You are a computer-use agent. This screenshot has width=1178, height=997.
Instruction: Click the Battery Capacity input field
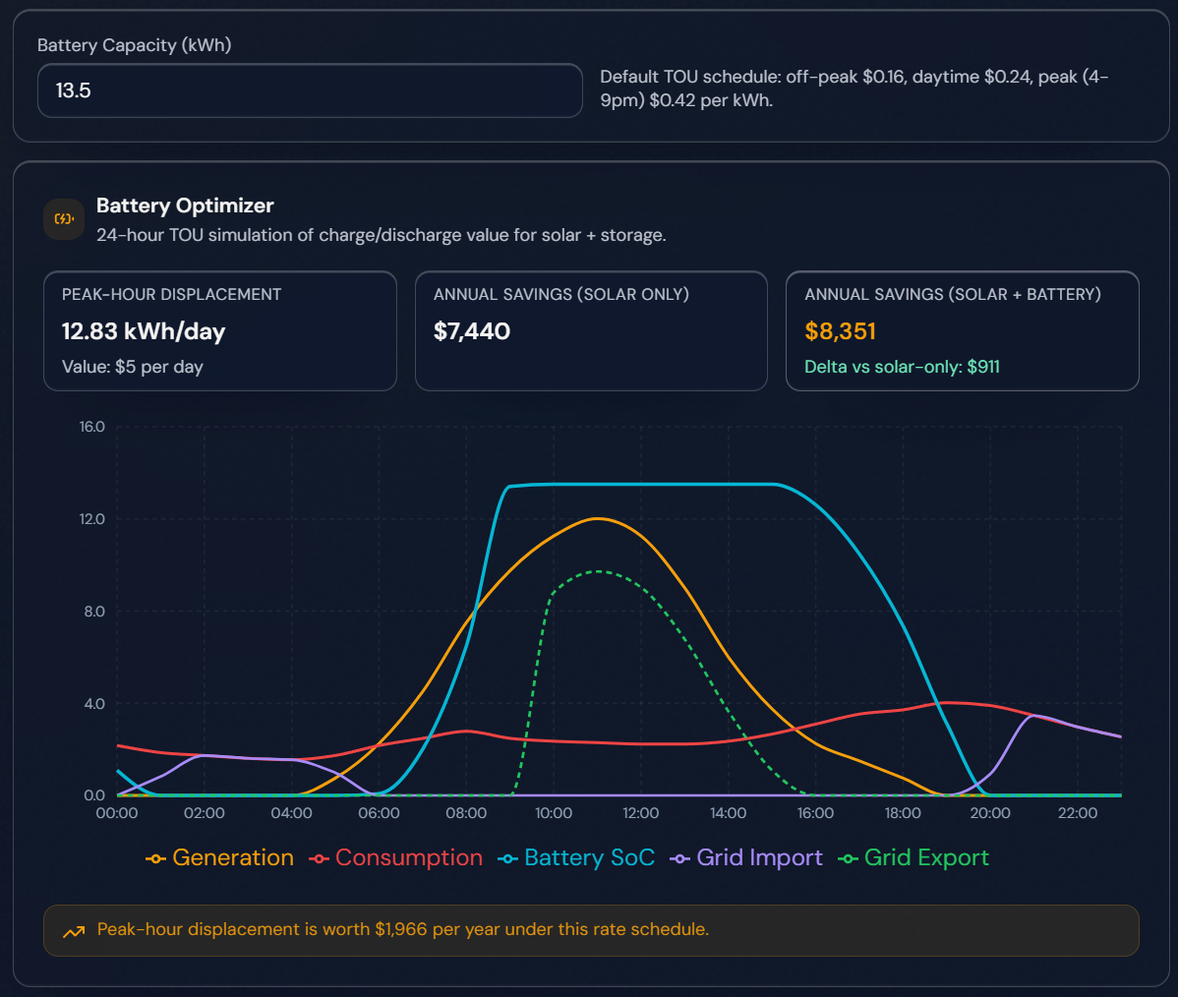click(310, 90)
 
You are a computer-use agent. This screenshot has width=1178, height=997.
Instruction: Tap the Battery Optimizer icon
click(64, 219)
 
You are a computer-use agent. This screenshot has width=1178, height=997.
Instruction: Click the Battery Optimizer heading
click(185, 205)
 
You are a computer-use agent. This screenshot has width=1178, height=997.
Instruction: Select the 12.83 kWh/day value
click(144, 331)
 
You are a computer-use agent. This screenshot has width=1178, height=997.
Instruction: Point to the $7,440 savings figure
click(472, 331)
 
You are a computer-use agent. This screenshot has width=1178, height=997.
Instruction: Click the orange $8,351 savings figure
click(840, 331)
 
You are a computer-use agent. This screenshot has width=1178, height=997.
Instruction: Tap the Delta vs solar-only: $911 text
click(902, 367)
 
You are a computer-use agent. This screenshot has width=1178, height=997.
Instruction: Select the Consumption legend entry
click(396, 857)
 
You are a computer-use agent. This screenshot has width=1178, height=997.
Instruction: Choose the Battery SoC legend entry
click(577, 857)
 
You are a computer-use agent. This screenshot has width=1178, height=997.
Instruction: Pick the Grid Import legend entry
click(747, 857)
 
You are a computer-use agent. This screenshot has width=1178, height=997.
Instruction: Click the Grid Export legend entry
click(914, 857)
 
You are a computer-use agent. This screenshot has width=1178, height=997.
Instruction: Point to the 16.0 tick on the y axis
click(92, 427)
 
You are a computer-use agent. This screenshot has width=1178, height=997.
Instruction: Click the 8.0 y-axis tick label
click(92, 612)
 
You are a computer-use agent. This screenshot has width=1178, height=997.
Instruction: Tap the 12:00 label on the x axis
click(641, 813)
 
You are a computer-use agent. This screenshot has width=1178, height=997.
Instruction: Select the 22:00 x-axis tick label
click(1078, 813)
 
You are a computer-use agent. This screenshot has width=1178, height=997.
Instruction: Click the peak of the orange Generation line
click(598, 518)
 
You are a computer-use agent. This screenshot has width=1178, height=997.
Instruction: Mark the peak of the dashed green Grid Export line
click(598, 571)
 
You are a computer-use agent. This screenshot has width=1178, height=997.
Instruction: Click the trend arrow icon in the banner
click(74, 931)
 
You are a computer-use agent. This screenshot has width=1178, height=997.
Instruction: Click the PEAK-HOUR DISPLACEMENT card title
click(171, 294)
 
